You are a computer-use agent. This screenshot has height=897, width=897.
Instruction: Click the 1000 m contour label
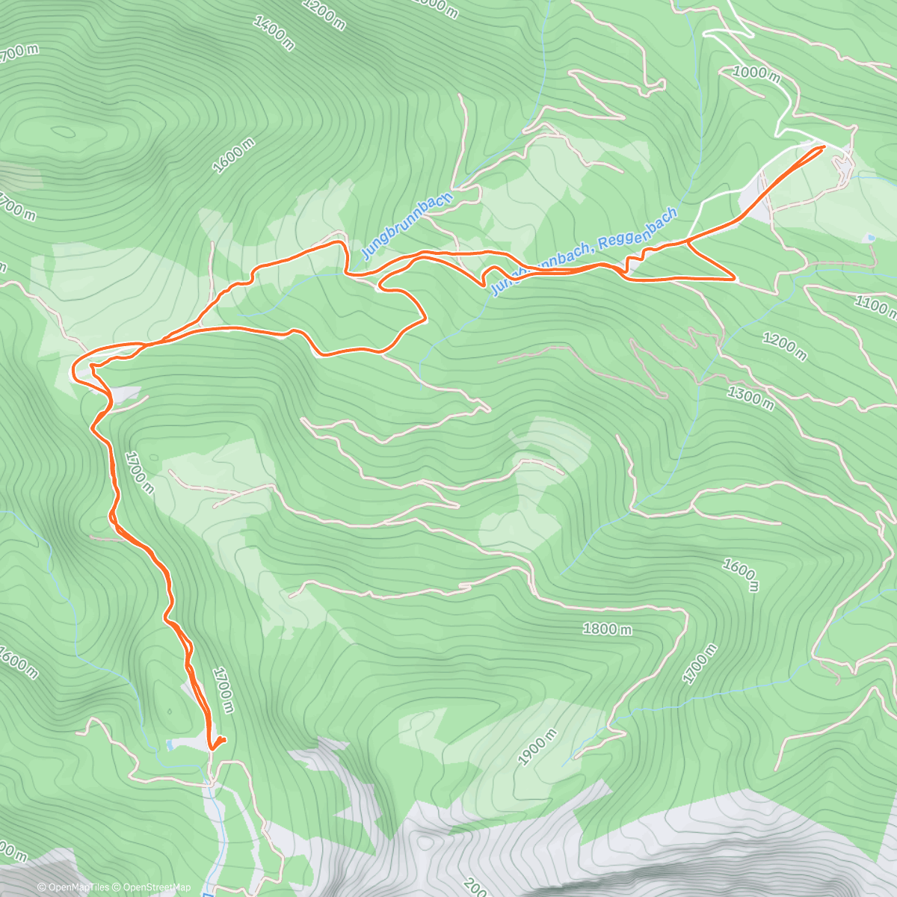coord(756,73)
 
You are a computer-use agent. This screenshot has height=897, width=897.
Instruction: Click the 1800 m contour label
coord(606,629)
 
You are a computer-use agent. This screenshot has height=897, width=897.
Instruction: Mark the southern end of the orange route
coord(212,747)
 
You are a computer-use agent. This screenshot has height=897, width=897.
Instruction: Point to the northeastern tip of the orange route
coord(823,147)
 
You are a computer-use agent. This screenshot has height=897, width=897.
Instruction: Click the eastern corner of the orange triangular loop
coord(736,278)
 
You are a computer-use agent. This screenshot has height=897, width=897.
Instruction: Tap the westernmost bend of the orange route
coord(73,367)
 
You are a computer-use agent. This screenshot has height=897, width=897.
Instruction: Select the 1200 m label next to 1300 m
coord(784,345)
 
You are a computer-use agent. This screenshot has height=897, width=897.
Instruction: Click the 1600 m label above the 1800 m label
coord(740,575)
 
